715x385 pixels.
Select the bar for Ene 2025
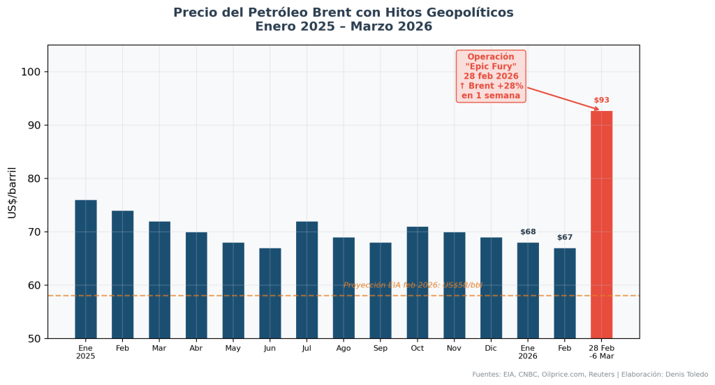[x=86, y=269]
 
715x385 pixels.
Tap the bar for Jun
[x=270, y=293]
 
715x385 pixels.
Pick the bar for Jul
[x=307, y=279]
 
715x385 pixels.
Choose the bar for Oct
[x=417, y=282]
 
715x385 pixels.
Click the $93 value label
[x=601, y=100]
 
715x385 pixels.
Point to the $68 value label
[x=528, y=232]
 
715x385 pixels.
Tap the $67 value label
[x=564, y=237]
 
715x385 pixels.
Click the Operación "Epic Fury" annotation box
[x=491, y=76]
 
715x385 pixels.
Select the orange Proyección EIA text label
[x=413, y=285]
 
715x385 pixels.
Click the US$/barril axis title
[x=13, y=192]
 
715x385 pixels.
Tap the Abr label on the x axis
[x=196, y=347]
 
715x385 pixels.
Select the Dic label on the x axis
[x=491, y=347]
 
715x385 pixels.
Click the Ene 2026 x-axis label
[x=528, y=352]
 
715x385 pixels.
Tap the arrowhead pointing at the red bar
[x=596, y=109]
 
